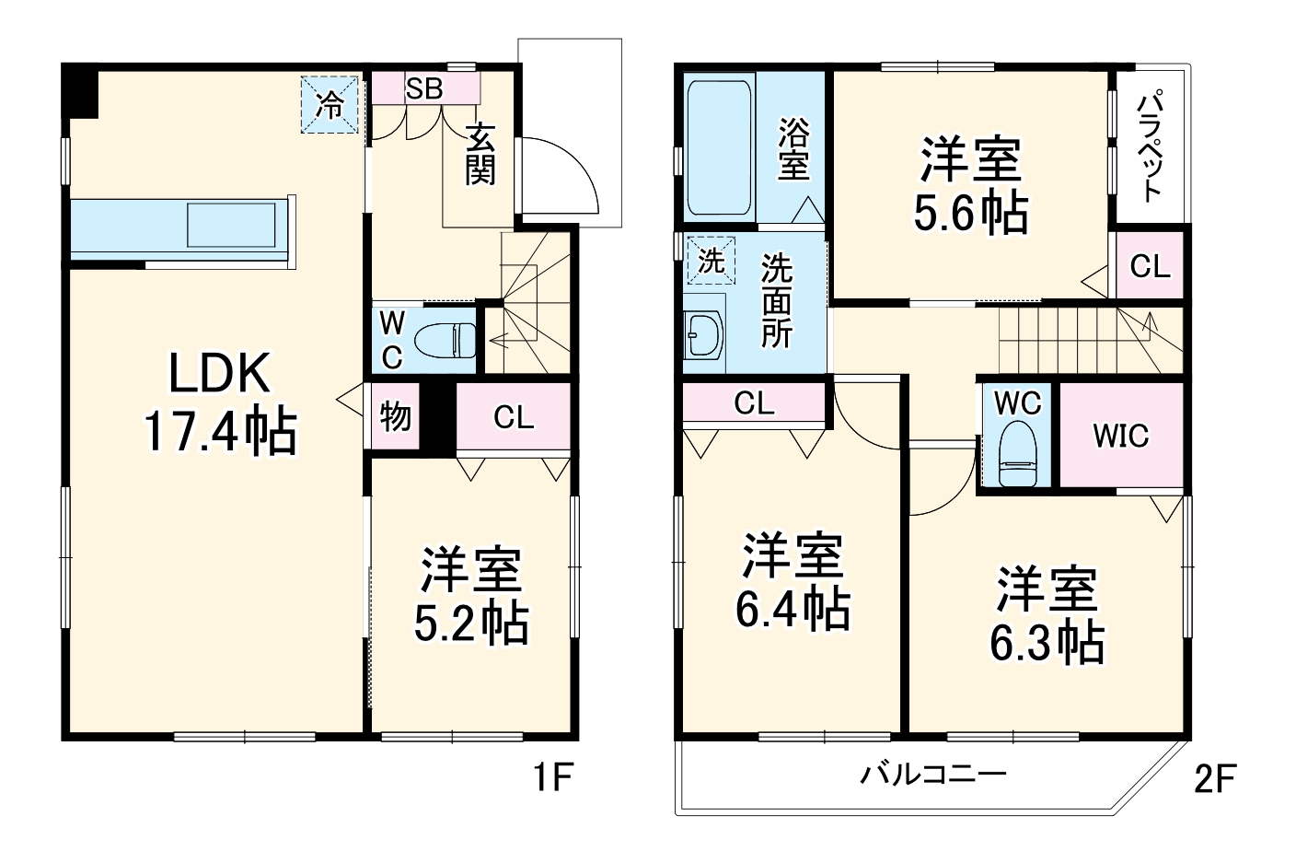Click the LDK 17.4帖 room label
point(220,402)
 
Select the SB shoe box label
point(424,88)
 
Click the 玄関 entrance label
point(480,154)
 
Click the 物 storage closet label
point(395,417)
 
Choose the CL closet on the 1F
point(514,418)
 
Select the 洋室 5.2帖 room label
point(471,596)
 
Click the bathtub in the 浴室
point(720,147)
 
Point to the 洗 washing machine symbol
point(712,262)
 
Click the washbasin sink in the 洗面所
point(705,333)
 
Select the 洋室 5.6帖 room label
point(971,185)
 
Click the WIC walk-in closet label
point(1120,435)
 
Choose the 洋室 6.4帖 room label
point(793,580)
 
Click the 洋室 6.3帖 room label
point(1047,615)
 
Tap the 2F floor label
point(1214,779)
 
